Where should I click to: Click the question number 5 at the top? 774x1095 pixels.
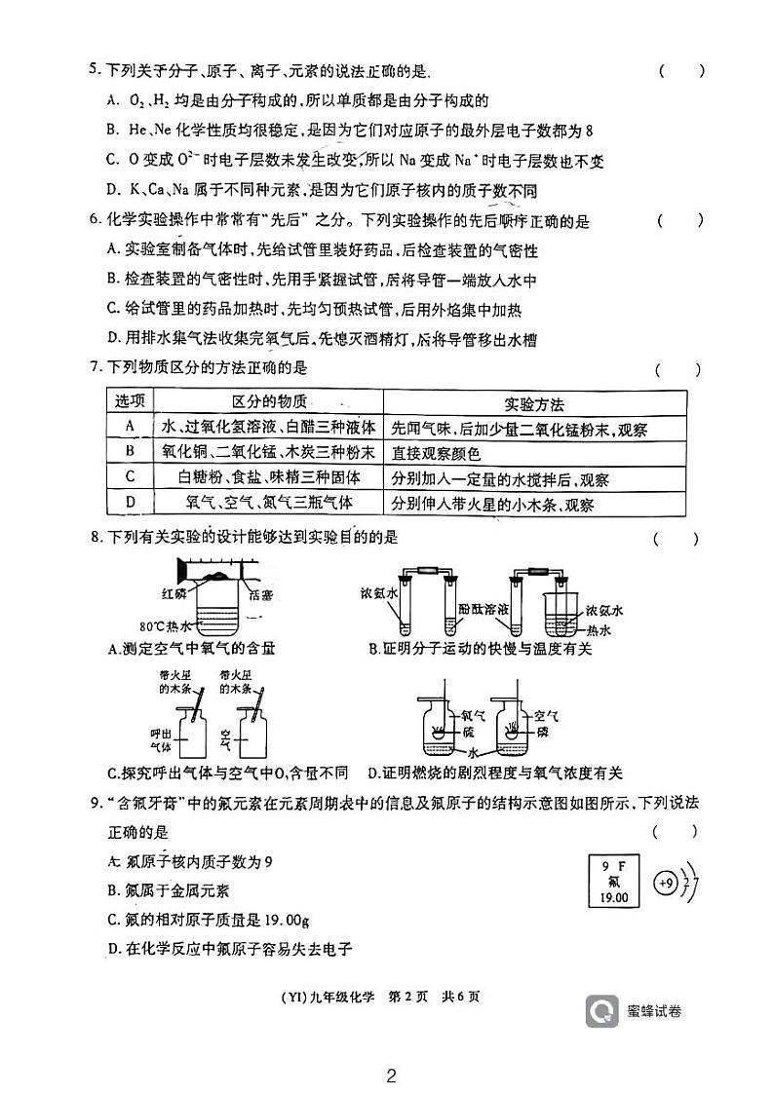click(94, 70)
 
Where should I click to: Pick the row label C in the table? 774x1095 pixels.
click(130, 477)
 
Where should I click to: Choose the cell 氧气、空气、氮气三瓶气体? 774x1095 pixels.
click(268, 502)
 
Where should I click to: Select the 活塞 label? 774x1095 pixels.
click(261, 596)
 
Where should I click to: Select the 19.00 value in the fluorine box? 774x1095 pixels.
click(614, 897)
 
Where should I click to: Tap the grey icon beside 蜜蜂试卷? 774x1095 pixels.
click(601, 1010)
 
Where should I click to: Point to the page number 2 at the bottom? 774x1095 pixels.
click(391, 1076)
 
